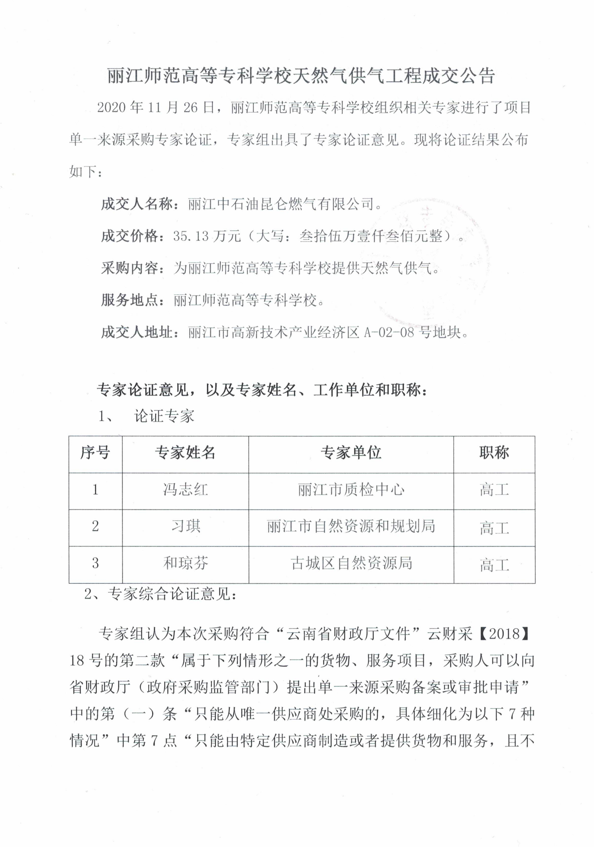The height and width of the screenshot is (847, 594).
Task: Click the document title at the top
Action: [x=301, y=76]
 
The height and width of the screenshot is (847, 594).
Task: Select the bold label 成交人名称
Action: [x=136, y=204]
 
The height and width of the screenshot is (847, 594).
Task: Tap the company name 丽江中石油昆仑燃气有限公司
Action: [x=281, y=204]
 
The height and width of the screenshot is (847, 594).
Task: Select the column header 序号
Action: [x=95, y=452]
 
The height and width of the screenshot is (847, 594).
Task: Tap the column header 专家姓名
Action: [x=185, y=452]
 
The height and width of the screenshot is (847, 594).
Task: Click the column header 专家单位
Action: [x=351, y=452]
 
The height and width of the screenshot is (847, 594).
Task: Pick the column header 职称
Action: [x=494, y=452]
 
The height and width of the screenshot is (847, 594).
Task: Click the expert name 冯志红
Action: [x=185, y=490]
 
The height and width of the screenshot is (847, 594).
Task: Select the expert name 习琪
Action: [x=185, y=526]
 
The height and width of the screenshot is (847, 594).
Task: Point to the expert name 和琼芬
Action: [x=185, y=563]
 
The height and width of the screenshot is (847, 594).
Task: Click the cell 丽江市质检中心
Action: [x=351, y=490]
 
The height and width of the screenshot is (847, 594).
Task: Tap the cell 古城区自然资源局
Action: [x=351, y=563]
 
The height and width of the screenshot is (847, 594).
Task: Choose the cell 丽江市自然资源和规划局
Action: [x=351, y=526]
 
